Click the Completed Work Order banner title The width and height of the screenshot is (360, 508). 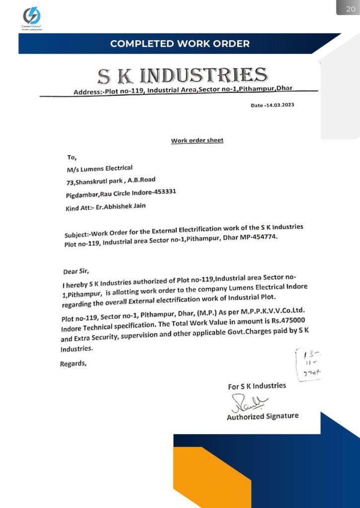(x=180, y=44)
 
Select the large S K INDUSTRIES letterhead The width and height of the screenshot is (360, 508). (x=182, y=76)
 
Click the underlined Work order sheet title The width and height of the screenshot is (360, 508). (x=197, y=140)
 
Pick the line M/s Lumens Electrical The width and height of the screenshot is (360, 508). (x=100, y=168)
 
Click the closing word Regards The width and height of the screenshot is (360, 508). (x=73, y=364)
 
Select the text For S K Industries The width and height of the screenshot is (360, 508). (x=257, y=386)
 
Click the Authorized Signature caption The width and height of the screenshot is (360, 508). (x=263, y=416)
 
